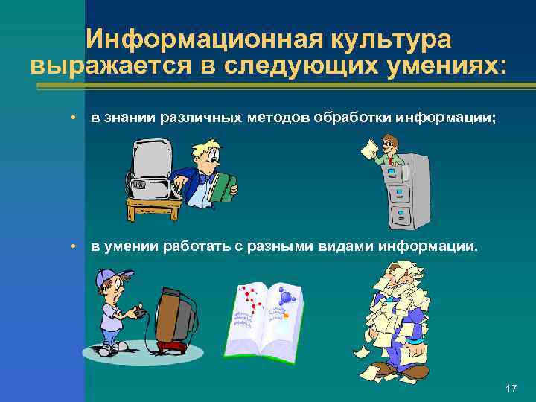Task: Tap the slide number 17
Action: click(x=511, y=389)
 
